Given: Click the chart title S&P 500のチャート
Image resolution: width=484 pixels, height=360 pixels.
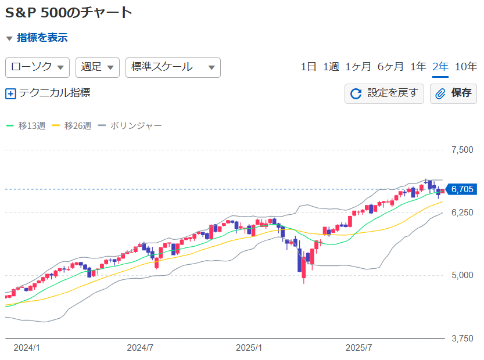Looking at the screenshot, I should pyautogui.click(x=69, y=12).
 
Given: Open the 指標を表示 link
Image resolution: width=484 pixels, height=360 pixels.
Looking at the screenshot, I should pyautogui.click(x=42, y=38).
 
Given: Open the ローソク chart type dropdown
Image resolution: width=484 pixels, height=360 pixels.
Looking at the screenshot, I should pyautogui.click(x=38, y=67).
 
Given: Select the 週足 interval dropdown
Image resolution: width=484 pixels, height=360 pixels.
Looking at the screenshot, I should pyautogui.click(x=97, y=67).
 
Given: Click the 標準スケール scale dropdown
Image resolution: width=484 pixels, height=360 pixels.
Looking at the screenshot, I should pyautogui.click(x=173, y=67).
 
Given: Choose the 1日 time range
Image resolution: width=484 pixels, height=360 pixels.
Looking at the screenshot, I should pyautogui.click(x=309, y=67).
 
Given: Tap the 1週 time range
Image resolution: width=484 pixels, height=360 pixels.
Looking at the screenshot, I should pyautogui.click(x=331, y=67).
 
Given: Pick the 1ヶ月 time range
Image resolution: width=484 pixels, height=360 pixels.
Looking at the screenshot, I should pyautogui.click(x=358, y=67).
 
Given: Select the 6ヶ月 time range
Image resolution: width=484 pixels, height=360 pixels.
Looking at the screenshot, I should pyautogui.click(x=390, y=67).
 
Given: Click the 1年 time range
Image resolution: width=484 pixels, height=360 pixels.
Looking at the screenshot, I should pyautogui.click(x=418, y=67).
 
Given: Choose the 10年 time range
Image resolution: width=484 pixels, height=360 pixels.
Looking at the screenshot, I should pyautogui.click(x=466, y=67).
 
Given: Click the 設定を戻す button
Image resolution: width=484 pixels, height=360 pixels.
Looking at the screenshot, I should pyautogui.click(x=384, y=93).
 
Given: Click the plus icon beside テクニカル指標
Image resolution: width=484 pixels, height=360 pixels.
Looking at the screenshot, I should pyautogui.click(x=10, y=93).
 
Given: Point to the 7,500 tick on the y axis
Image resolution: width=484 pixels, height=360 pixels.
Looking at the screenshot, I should pyautogui.click(x=462, y=150).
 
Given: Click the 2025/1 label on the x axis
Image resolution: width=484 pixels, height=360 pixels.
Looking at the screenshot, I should pyautogui.click(x=249, y=348).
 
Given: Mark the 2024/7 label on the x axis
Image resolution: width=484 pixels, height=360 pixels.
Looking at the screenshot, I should pyautogui.click(x=140, y=348).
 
